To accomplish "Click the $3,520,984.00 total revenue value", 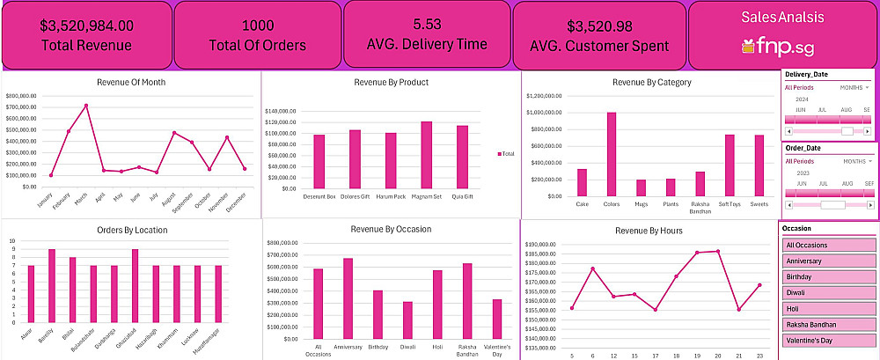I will [87, 26].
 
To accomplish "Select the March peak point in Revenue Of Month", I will [86, 106].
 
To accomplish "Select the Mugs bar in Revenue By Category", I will [641, 187].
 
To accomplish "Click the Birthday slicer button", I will [828, 276].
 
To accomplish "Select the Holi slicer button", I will [828, 308].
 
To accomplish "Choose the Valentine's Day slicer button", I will [828, 340].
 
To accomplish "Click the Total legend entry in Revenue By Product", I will [508, 154].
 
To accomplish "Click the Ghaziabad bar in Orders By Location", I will [134, 287].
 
